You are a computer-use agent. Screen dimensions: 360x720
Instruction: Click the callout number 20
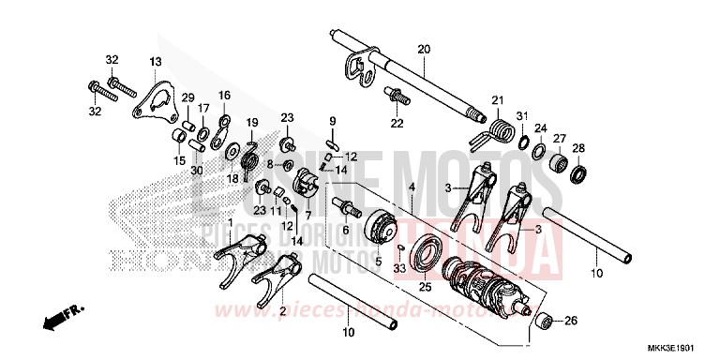click(x=423, y=49)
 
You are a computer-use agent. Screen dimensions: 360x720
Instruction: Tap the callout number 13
click(x=156, y=61)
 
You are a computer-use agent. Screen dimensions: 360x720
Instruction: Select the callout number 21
click(x=498, y=100)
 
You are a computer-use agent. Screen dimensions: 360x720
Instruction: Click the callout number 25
click(x=424, y=287)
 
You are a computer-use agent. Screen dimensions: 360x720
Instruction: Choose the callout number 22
click(x=397, y=124)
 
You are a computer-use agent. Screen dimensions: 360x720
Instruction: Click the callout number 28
click(x=578, y=148)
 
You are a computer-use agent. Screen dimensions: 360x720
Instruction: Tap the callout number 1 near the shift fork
click(x=230, y=221)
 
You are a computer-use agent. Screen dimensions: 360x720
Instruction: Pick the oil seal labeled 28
click(x=581, y=173)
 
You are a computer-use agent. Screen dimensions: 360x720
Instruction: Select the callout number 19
click(x=251, y=122)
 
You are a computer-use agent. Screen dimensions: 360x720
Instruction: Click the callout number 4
click(x=411, y=188)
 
